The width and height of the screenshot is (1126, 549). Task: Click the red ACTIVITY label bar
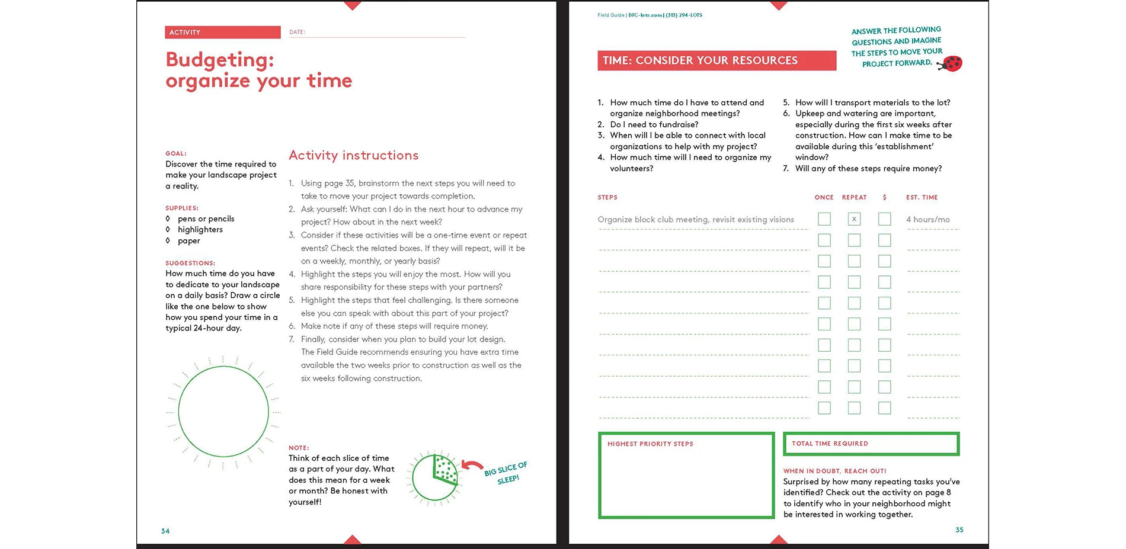pyautogui.click(x=222, y=33)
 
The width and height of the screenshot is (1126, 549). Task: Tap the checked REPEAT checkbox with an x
pyautogui.click(x=854, y=219)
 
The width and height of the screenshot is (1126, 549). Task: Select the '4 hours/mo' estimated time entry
pyautogui.click(x=927, y=220)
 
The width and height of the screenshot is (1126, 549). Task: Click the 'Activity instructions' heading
pyautogui.click(x=353, y=155)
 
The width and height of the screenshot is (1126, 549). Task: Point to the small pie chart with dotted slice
pyautogui.click(x=435, y=477)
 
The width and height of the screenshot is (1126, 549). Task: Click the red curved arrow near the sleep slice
pyautogui.click(x=472, y=466)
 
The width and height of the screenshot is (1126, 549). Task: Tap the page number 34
pyautogui.click(x=165, y=531)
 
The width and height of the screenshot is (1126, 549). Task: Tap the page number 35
pyautogui.click(x=959, y=530)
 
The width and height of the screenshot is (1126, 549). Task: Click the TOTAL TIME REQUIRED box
pyautogui.click(x=871, y=444)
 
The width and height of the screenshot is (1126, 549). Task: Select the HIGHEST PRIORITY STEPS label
pyautogui.click(x=650, y=444)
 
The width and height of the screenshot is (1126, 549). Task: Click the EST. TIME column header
pyautogui.click(x=922, y=198)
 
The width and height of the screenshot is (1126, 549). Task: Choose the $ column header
pyautogui.click(x=884, y=198)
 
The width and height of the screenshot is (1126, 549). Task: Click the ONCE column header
pyautogui.click(x=824, y=198)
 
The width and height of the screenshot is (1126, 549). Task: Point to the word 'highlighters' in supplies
pyautogui.click(x=200, y=230)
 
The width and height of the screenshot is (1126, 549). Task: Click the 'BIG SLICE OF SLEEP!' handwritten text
pyautogui.click(x=506, y=473)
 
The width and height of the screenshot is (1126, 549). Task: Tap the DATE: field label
pyautogui.click(x=297, y=33)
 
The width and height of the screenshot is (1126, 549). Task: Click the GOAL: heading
pyautogui.click(x=176, y=153)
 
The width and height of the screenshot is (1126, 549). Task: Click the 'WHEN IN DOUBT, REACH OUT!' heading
pyautogui.click(x=834, y=471)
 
